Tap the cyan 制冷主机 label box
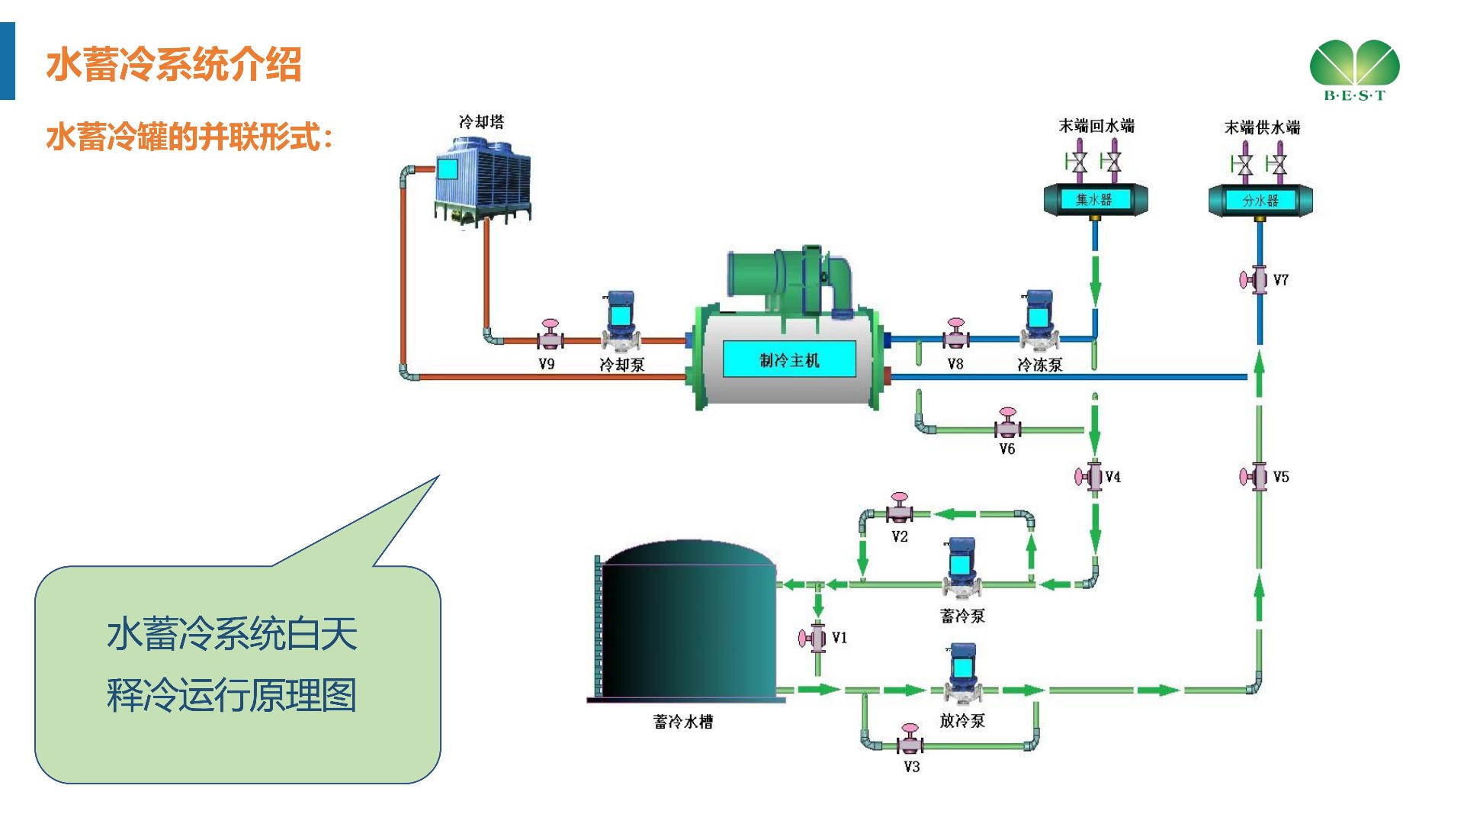click(789, 359)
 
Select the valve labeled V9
click(549, 336)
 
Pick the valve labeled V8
click(955, 334)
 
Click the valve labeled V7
click(1254, 280)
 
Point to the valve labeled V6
click(1007, 424)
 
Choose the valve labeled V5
click(1254, 477)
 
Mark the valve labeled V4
click(1090, 477)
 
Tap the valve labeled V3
click(910, 739)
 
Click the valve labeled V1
click(814, 638)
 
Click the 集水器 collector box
click(1095, 200)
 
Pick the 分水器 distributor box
click(1260, 201)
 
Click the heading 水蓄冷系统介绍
click(174, 64)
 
